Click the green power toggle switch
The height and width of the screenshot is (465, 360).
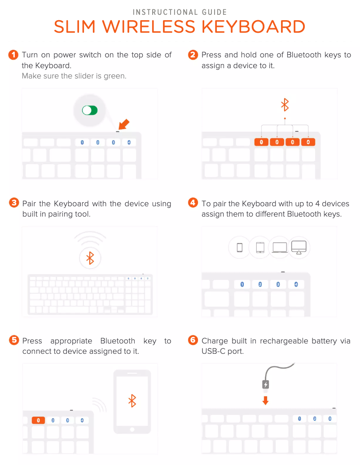pyautogui.click(x=90, y=110)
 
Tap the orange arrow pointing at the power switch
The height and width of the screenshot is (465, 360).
pyautogui.click(x=124, y=124)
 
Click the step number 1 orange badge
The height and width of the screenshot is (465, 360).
pyautogui.click(x=13, y=55)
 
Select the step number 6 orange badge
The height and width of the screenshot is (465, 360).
pyautogui.click(x=193, y=340)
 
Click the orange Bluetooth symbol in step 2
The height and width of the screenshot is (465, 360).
pyautogui.click(x=285, y=104)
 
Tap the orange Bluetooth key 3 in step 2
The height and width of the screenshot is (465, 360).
pyautogui.click(x=293, y=142)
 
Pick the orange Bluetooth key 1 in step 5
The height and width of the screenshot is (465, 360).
pyautogui.click(x=38, y=420)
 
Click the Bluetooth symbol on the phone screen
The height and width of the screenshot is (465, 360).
pyautogui.click(x=132, y=400)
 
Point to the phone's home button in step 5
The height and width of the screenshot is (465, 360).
pyautogui.click(x=132, y=430)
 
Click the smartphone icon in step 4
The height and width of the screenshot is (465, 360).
pyautogui.click(x=240, y=248)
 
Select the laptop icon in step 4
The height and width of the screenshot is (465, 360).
pyautogui.click(x=280, y=248)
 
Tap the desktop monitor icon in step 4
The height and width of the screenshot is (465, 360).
pyautogui.click(x=299, y=248)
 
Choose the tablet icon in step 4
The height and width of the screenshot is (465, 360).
pyautogui.click(x=260, y=248)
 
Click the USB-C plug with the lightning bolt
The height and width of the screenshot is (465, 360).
pyautogui.click(x=266, y=385)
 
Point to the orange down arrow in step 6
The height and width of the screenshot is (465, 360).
pyautogui.click(x=266, y=400)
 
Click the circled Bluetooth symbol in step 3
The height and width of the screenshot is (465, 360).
pyautogui.click(x=90, y=258)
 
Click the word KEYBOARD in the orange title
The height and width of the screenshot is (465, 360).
pyautogui.click(x=254, y=27)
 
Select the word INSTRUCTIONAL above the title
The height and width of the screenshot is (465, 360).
pyautogui.click(x=165, y=12)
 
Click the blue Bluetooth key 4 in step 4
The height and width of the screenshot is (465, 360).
pyautogui.click(x=296, y=284)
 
